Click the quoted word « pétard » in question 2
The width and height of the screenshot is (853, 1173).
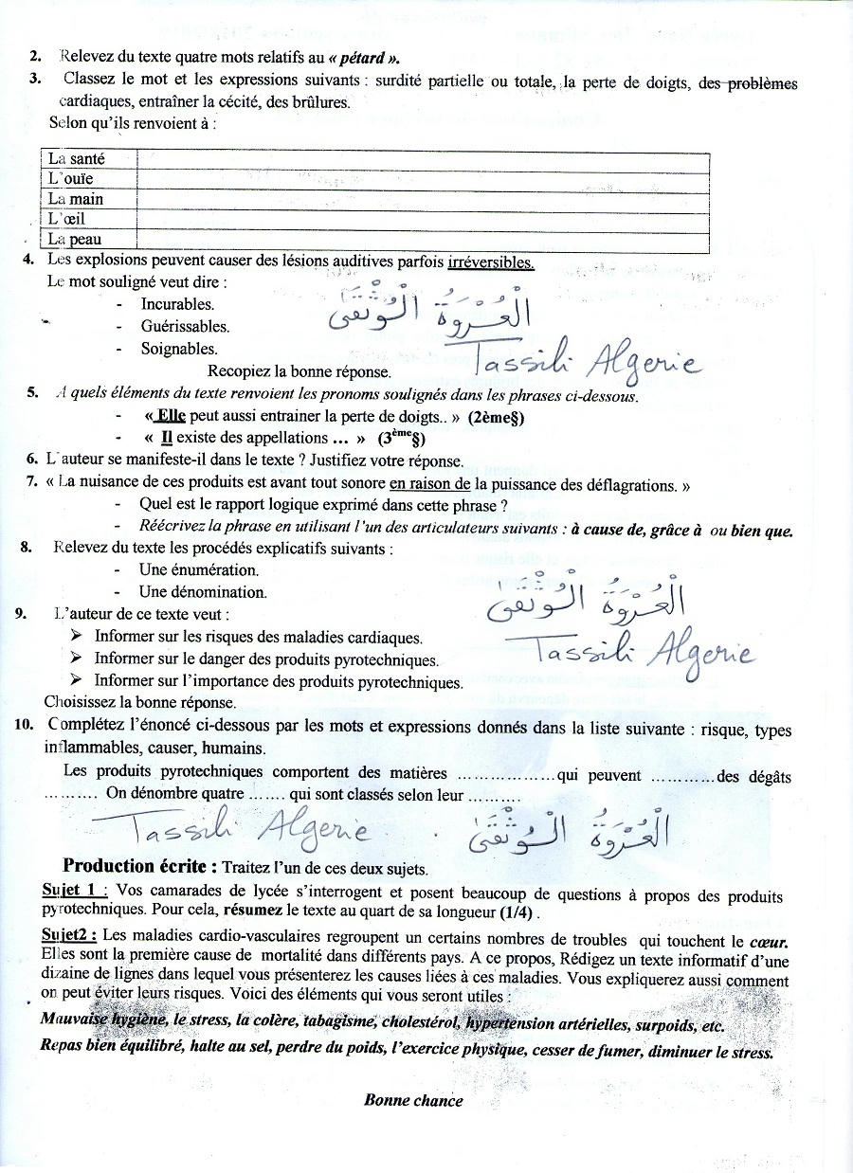click(351, 58)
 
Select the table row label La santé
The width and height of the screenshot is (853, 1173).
click(76, 160)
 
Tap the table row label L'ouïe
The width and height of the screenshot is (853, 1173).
click(71, 179)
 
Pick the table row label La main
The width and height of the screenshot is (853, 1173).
click(75, 199)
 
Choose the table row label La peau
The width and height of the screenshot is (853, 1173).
click(74, 240)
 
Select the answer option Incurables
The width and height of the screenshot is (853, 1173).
click(177, 304)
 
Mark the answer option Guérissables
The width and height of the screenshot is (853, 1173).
click(185, 326)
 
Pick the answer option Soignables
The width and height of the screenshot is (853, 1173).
click(179, 349)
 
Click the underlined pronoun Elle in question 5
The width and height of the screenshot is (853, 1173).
click(171, 416)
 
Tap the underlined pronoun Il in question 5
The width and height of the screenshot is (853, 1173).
click(167, 438)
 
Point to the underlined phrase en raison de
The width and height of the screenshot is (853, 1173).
click(430, 483)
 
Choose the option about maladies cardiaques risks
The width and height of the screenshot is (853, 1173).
click(258, 638)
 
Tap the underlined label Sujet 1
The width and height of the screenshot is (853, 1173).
click(75, 892)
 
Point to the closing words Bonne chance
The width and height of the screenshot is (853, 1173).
click(413, 1100)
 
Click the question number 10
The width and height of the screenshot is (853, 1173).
click(26, 726)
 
